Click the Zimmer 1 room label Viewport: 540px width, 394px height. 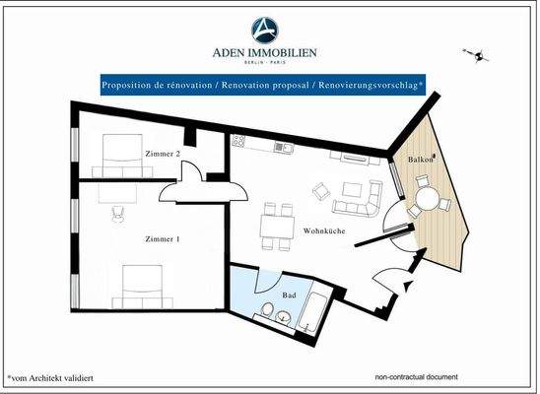(x=162, y=239)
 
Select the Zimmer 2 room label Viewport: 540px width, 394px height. (x=163, y=155)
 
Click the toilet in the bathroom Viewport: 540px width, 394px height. (x=267, y=314)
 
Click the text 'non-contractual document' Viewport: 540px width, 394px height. (x=416, y=377)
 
